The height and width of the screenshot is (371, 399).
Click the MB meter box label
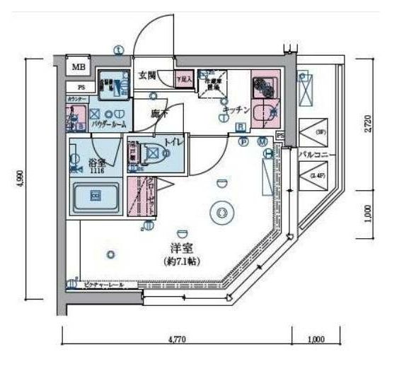[x=78, y=67]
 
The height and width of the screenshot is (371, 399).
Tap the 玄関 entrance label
[x=146, y=75]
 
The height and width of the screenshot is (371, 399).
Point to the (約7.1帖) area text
[x=183, y=261]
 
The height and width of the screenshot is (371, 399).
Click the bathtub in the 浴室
[x=96, y=194]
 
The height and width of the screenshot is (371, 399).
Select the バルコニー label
[x=311, y=153]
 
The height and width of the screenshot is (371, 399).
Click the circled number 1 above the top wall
[x=119, y=50]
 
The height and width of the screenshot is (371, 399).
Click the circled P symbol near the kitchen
[x=244, y=141]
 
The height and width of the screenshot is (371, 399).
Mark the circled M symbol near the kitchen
[x=263, y=141]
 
